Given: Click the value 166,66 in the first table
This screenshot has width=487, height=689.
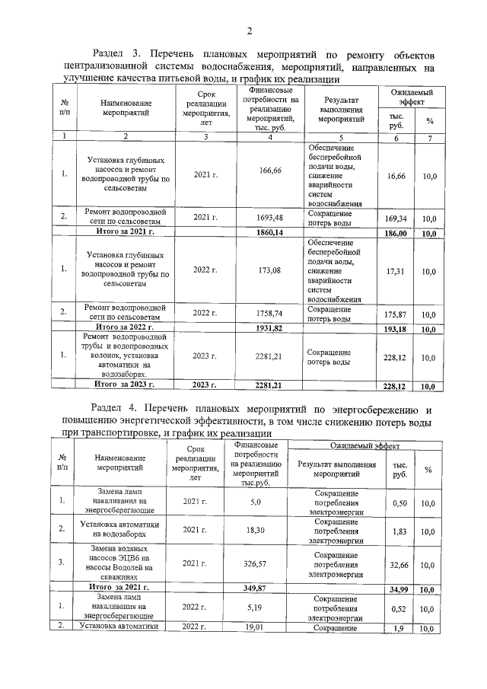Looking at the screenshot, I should pyautogui.click(x=270, y=171).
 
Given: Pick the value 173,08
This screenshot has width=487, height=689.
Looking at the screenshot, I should pyautogui.click(x=270, y=270).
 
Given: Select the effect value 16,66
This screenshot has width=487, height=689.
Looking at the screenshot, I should pyautogui.click(x=396, y=176).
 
